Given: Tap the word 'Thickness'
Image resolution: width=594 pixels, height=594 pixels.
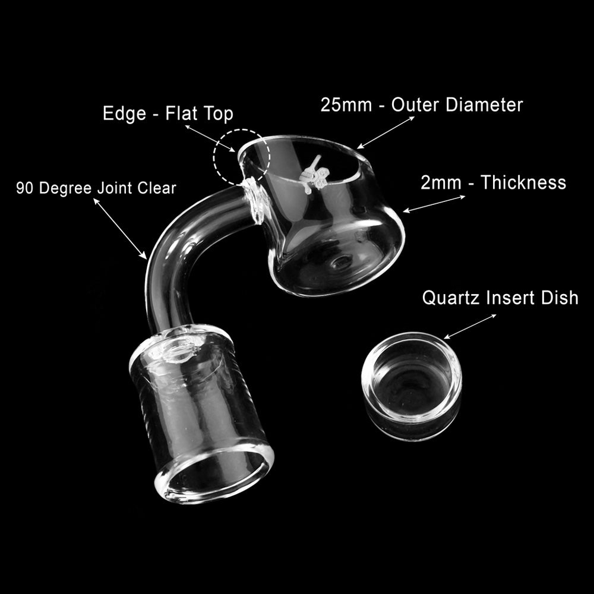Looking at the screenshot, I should click(523, 182).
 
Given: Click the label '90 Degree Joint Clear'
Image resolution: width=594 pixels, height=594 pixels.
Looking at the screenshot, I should click(96, 188).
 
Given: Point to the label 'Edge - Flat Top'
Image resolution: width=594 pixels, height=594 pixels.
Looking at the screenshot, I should click(168, 113).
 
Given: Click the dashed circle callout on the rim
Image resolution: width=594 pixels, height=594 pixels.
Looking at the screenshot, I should click(242, 156).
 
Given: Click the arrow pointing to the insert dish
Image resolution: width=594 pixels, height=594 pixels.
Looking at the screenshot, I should click(470, 326).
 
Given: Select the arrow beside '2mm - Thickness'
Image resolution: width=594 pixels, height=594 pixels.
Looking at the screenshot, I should click(434, 203).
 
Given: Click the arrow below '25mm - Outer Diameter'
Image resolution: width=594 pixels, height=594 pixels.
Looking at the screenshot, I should click(386, 132).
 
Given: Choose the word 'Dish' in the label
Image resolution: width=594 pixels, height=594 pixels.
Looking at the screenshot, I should click(558, 298).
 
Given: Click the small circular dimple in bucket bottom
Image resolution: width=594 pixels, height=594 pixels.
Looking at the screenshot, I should click(340, 262).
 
